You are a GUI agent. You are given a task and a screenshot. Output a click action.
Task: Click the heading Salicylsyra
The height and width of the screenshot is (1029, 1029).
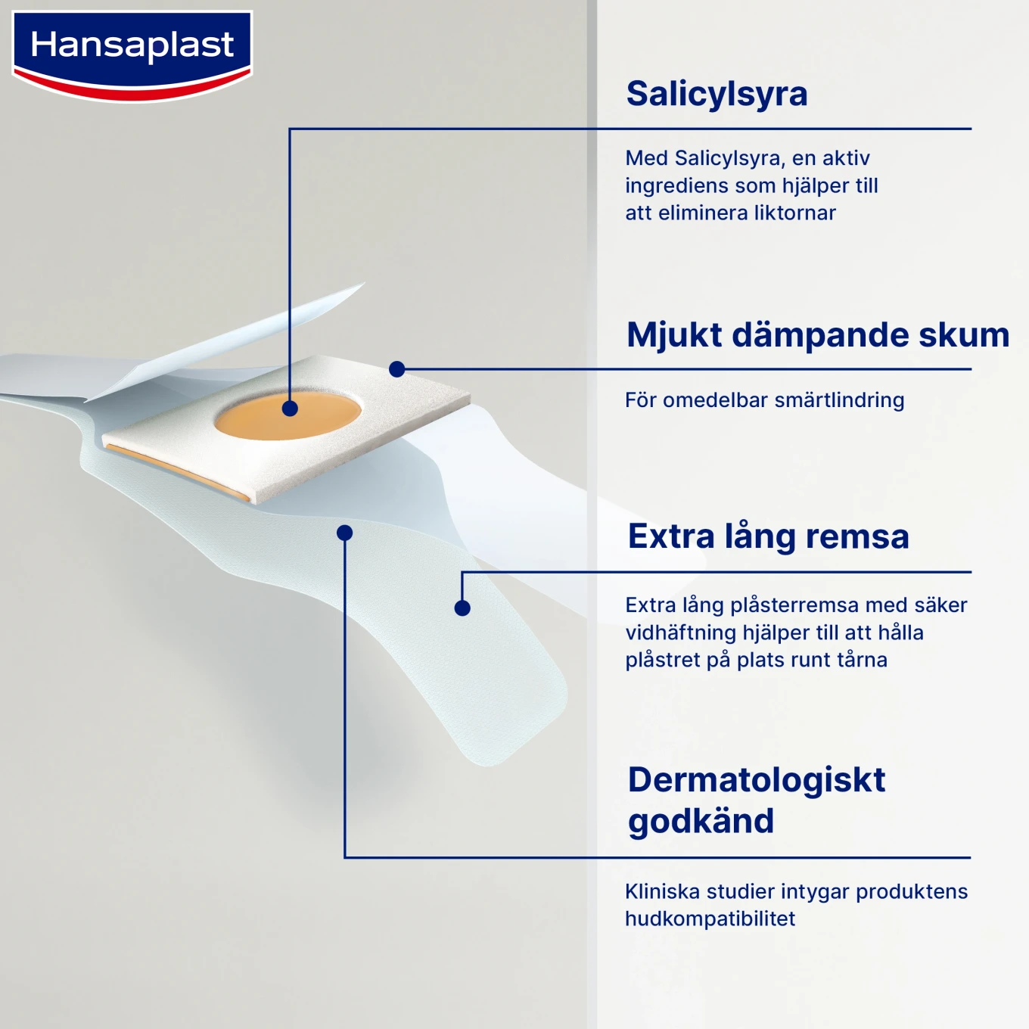[x=717, y=94]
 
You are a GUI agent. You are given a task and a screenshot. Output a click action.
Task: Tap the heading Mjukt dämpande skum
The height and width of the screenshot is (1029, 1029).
[x=817, y=335]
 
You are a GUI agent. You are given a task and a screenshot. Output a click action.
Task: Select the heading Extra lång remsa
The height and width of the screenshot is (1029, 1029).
[x=768, y=536]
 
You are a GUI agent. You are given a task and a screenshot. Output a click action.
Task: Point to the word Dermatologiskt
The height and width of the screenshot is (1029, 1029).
[x=756, y=780]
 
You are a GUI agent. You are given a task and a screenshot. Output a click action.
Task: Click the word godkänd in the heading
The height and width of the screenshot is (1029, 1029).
[x=701, y=822]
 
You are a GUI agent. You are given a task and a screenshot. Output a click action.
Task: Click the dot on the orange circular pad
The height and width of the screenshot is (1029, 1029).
[x=290, y=409]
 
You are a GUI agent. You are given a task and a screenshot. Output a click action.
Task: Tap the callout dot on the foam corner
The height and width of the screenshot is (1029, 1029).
[x=397, y=369]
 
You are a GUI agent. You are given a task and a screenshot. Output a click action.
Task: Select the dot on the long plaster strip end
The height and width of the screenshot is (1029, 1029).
[x=462, y=608]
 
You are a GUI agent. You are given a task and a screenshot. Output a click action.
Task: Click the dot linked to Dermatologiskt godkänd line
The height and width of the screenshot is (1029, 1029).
[x=345, y=533]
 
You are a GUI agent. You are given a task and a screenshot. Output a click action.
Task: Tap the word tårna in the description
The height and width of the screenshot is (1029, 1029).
[x=863, y=660]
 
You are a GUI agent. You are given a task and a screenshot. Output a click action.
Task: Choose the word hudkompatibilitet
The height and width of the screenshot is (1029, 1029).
[x=710, y=919]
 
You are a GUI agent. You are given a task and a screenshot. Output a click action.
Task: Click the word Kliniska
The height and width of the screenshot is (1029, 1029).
[x=662, y=892]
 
